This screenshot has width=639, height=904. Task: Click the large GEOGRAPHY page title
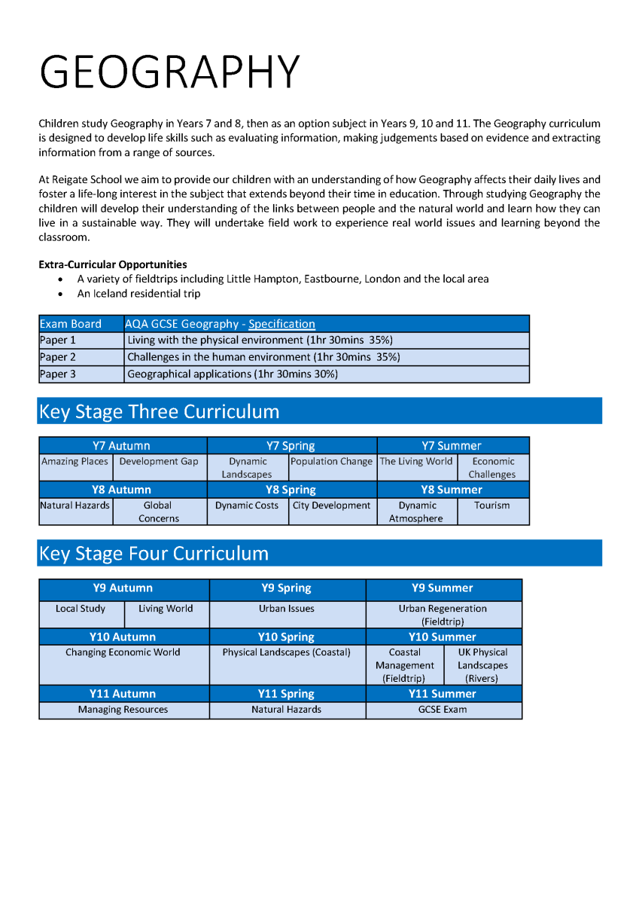(x=169, y=72)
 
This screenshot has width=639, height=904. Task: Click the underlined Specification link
(x=281, y=324)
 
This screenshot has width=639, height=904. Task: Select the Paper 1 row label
(x=58, y=341)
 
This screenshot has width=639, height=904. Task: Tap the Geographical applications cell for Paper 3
(x=233, y=374)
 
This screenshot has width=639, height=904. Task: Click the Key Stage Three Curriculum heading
(x=159, y=411)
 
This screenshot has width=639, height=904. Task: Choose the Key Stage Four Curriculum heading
(x=154, y=553)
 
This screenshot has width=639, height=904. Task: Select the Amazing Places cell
(x=75, y=461)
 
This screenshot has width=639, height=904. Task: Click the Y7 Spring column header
(x=291, y=446)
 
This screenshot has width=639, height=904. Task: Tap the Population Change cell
(x=331, y=461)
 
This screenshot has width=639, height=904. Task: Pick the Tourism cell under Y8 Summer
(x=491, y=505)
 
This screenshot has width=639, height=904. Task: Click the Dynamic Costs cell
(x=247, y=505)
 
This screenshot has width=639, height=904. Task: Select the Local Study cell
(x=81, y=609)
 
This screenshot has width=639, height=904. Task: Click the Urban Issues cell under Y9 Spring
(x=287, y=609)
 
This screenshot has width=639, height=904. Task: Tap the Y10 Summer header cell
(x=443, y=637)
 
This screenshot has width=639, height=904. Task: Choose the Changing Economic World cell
(x=123, y=652)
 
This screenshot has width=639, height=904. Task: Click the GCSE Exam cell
(x=443, y=710)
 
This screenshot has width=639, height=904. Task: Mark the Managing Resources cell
(x=123, y=710)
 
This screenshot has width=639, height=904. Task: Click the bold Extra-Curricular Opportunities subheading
(x=113, y=264)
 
